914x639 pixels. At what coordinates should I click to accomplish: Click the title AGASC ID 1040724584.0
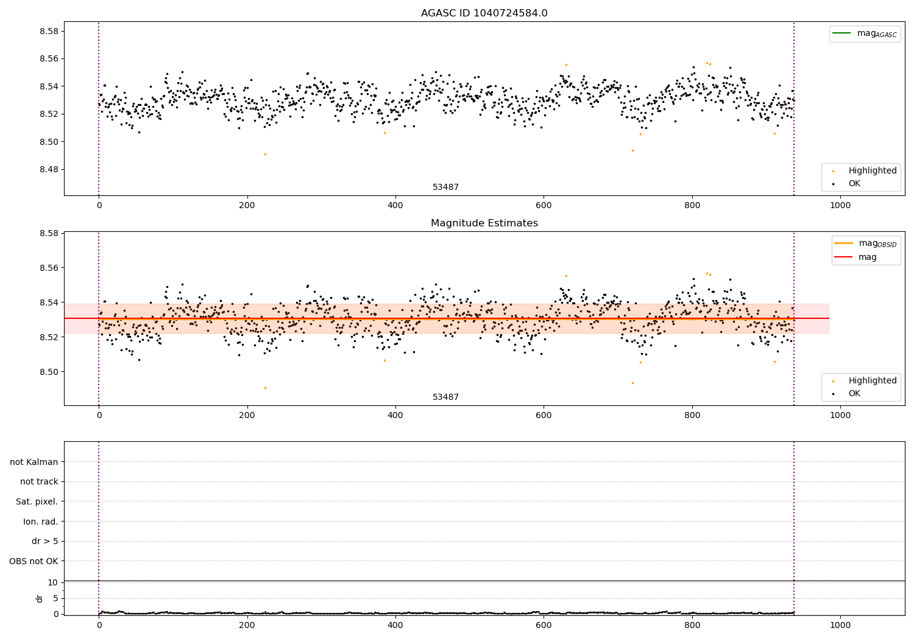coord(484,13)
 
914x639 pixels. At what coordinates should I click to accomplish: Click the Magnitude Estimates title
coord(484,223)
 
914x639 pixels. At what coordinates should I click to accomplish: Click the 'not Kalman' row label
coord(34,462)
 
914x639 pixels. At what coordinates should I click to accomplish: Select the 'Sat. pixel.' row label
coord(37,501)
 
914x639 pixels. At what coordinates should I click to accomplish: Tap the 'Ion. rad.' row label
coord(40,522)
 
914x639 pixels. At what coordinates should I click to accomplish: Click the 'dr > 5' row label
coord(44,541)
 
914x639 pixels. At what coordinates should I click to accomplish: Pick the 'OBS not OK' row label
coord(34,561)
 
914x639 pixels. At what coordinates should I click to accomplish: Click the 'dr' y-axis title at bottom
coord(40,598)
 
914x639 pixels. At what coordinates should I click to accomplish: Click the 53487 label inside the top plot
coord(445,187)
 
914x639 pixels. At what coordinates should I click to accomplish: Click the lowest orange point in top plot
coord(265,154)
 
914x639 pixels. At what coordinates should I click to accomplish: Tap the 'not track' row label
coord(39,481)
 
